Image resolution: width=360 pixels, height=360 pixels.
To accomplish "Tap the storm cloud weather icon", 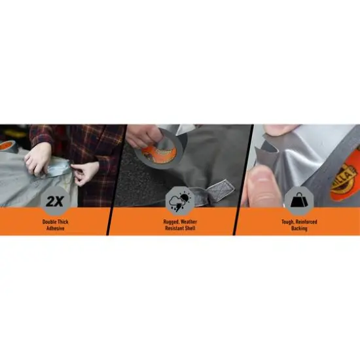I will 179,200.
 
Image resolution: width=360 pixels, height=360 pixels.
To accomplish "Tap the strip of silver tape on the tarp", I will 59,169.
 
